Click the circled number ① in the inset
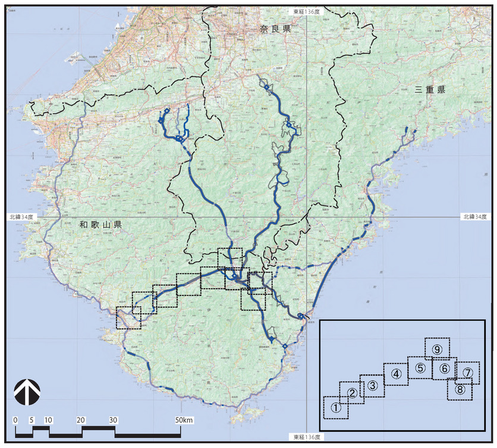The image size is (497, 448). [x=336, y=407]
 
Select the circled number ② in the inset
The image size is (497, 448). [x=352, y=393]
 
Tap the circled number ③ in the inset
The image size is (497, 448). [x=373, y=385]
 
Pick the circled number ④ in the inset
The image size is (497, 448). [x=397, y=374]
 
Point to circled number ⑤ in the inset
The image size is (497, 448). [x=420, y=368]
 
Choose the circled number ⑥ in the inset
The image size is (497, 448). [x=444, y=368]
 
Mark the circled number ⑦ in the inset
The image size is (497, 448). [x=468, y=373]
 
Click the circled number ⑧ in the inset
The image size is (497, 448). [x=460, y=390]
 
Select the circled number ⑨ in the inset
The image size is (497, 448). [x=437, y=349]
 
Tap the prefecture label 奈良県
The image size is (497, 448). [x=275, y=29]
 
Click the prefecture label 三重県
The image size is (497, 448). [x=430, y=90]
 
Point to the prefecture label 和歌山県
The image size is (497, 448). [x=100, y=225]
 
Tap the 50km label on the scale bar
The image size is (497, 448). [x=184, y=421]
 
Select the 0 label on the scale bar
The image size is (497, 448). [x=15, y=421]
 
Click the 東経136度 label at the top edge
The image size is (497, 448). [x=307, y=11]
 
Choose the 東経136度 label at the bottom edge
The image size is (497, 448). [x=307, y=437]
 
